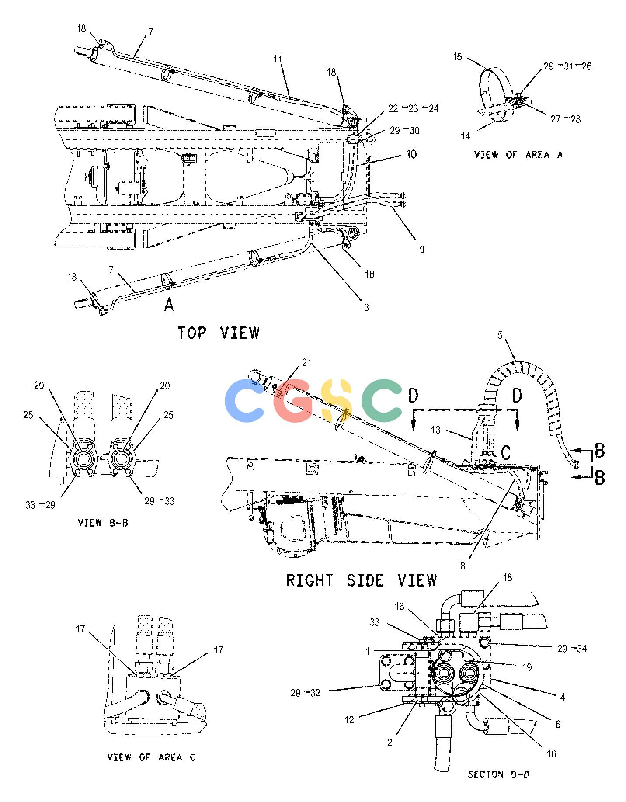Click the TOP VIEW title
pos(219,333)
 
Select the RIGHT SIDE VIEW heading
pos(362,580)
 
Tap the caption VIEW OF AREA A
pos(518,155)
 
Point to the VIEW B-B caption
pos(103,523)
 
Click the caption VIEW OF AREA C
pos(152,757)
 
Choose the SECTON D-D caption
pos(499,774)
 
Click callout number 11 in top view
pos(278,59)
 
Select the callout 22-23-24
pos(412,108)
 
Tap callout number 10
pos(411,154)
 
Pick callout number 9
pos(422,249)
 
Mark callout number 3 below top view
pos(366,308)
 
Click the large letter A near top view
pos(169,305)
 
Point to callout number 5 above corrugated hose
pos(500,336)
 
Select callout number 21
pos(307,362)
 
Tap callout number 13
pos(436,430)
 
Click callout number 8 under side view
pos(463,566)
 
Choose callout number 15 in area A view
pos(457,57)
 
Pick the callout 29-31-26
pos(567,66)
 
